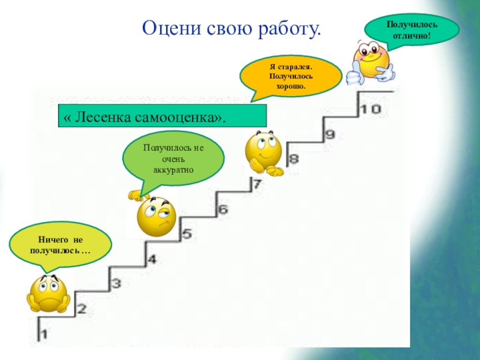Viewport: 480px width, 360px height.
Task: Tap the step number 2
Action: pos(82,310)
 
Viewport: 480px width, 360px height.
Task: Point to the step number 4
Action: pos(151,259)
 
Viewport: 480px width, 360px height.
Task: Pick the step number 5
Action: pos(187,234)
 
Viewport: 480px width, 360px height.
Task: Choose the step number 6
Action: pos(223,209)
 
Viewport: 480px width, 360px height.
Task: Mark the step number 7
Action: pos(257,184)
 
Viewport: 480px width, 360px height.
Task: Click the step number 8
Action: pos(293,160)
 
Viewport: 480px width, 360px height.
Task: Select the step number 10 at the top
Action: pos(370,109)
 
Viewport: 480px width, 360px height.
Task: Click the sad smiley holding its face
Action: pos(49,293)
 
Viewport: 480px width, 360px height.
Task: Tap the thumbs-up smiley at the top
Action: pos(371,60)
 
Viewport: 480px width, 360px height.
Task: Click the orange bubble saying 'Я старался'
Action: pos(291,75)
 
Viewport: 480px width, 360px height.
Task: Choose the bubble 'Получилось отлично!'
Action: pos(412,28)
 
